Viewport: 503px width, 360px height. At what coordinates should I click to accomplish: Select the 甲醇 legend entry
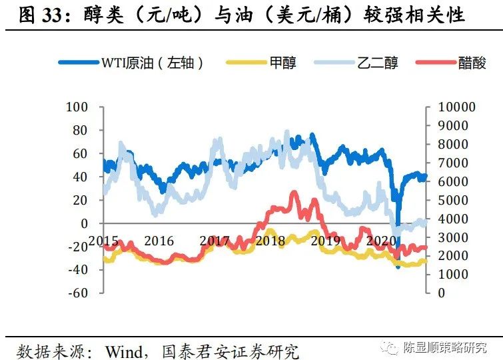coord(282,63)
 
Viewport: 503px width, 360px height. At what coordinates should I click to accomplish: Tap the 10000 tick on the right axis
coord(452,107)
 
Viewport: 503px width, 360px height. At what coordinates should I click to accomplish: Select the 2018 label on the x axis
coord(270,241)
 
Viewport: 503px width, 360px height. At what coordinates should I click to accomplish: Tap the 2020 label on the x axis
coord(382,241)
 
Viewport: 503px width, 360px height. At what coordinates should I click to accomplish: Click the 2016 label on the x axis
coord(159,241)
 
